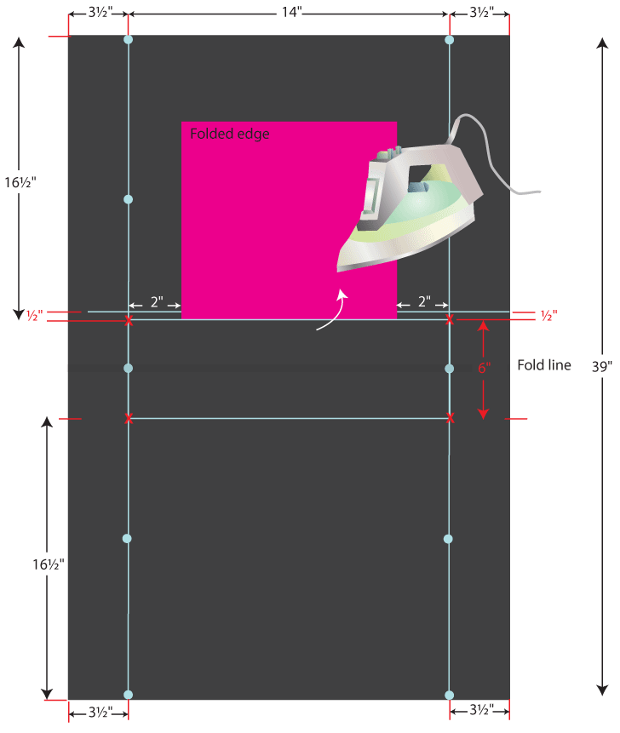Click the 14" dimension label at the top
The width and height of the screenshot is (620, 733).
pos(288,13)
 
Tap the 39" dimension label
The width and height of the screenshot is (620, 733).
pos(602,366)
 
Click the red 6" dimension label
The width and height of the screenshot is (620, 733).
pos(484,368)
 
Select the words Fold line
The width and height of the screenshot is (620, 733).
pos(544,365)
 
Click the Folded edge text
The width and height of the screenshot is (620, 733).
pos(230,134)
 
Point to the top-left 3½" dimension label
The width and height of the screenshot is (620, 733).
pos(98,13)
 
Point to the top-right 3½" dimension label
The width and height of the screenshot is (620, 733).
pos(479,13)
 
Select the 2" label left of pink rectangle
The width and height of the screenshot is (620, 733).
pos(157,302)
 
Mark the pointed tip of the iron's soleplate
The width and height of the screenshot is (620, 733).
pos(339,271)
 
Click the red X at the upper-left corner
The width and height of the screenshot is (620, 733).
pos(129,320)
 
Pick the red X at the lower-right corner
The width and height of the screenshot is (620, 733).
pos(450,418)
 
